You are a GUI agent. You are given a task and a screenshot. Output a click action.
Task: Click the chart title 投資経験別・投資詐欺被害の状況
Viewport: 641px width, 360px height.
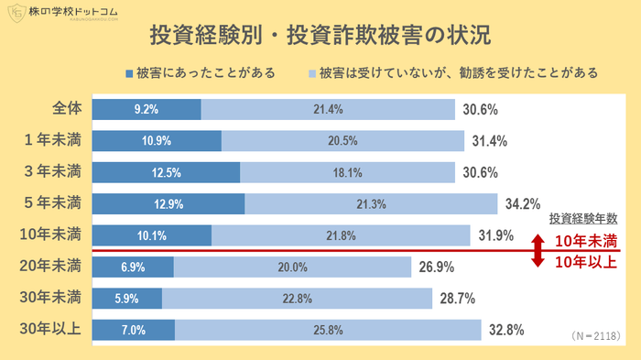(x=320, y=37)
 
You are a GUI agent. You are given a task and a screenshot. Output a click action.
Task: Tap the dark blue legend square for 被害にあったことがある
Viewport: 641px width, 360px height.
(x=129, y=73)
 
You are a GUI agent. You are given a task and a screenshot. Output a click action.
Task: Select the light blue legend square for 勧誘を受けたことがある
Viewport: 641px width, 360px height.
(x=313, y=73)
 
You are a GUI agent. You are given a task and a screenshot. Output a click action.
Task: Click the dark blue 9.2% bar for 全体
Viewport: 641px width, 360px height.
(x=147, y=109)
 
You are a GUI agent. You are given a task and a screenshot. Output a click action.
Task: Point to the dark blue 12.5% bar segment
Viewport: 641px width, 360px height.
(x=167, y=172)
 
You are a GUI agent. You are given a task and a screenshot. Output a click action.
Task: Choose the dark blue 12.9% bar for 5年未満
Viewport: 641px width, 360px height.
(x=168, y=203)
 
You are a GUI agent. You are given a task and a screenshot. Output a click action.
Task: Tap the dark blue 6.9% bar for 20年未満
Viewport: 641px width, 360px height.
(x=133, y=267)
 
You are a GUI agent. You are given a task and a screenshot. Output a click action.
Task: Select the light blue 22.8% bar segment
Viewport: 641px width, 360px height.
(x=297, y=299)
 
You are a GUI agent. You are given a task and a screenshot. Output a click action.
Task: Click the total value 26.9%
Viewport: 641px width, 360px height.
(x=438, y=267)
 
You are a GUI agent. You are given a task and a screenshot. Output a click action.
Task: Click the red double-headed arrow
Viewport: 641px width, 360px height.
(x=538, y=250)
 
